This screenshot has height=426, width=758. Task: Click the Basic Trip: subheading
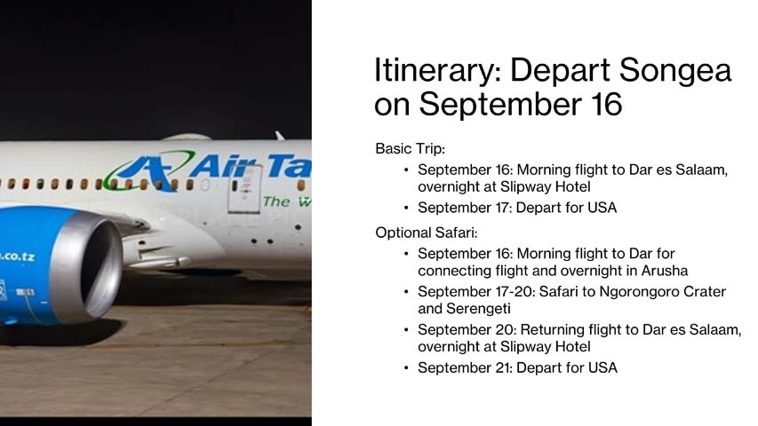[x=410, y=148]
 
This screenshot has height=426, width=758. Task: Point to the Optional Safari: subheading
[x=427, y=233]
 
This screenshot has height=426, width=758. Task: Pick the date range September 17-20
[x=475, y=291]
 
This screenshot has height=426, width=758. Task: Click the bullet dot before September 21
[x=406, y=367]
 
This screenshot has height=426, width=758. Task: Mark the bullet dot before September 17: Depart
[x=406, y=209]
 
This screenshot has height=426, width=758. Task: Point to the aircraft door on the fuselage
[x=244, y=188]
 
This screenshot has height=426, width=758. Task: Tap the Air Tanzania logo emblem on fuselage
[x=147, y=170]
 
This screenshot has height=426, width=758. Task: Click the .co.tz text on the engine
[x=18, y=256]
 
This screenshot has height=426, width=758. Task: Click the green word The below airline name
[x=275, y=201]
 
